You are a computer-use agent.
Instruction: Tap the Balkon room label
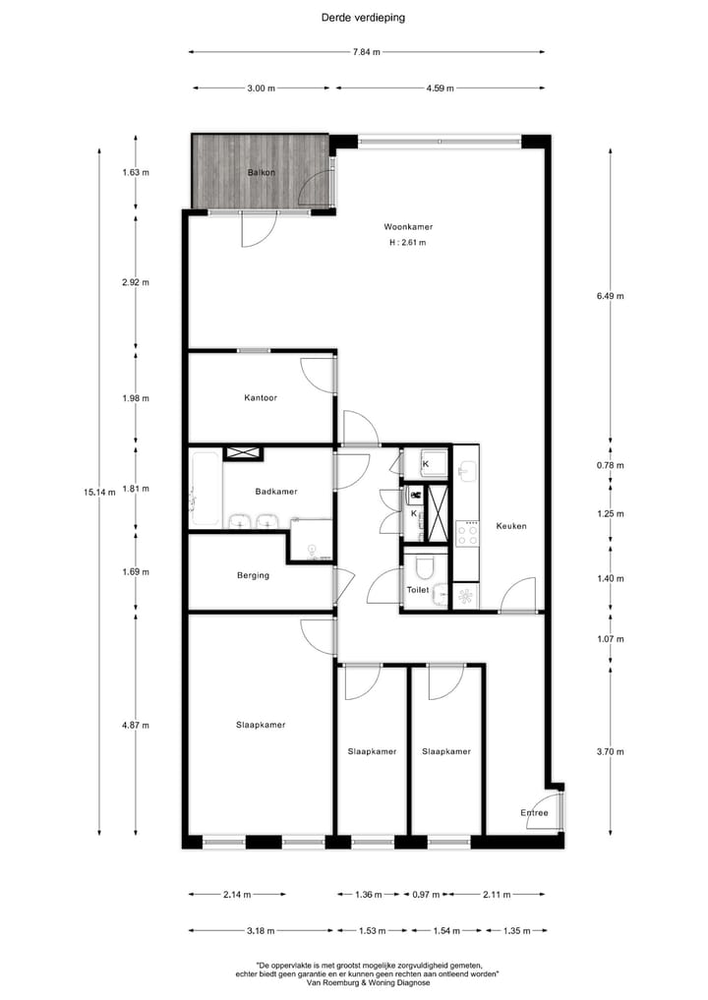(x=262, y=173)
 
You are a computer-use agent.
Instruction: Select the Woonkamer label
(x=408, y=227)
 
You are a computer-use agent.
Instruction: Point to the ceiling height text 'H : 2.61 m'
(x=407, y=242)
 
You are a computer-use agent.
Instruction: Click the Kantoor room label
(x=261, y=398)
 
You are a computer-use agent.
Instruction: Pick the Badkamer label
(x=275, y=492)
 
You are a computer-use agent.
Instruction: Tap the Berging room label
(x=253, y=575)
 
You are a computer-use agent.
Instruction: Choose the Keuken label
(x=511, y=526)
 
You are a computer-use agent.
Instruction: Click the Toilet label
(x=418, y=590)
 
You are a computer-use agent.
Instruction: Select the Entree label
(x=534, y=813)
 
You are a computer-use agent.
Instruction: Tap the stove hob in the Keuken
(x=467, y=532)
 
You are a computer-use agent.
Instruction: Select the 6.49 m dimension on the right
(x=610, y=296)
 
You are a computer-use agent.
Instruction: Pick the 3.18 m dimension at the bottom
(x=261, y=930)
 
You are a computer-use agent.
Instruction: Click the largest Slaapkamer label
(x=261, y=726)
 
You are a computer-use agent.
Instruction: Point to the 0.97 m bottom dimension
(x=426, y=895)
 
